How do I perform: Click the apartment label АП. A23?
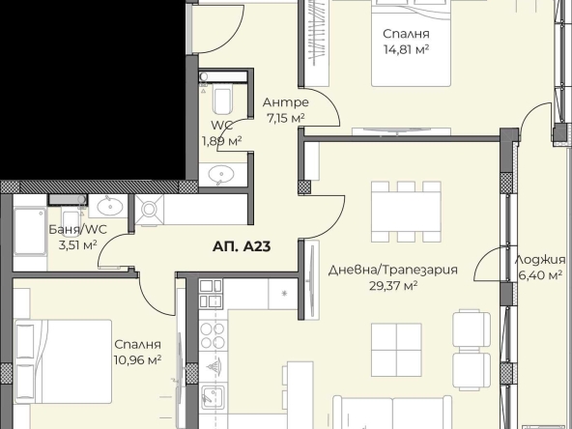click(x=241, y=246)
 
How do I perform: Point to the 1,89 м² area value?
click(x=220, y=141)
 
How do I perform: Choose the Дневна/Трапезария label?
click(x=392, y=270)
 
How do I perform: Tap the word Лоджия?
click(x=541, y=259)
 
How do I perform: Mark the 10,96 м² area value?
click(x=137, y=359)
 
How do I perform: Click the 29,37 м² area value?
click(x=391, y=286)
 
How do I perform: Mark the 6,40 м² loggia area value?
click(x=541, y=275)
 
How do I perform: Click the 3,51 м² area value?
click(x=77, y=245)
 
